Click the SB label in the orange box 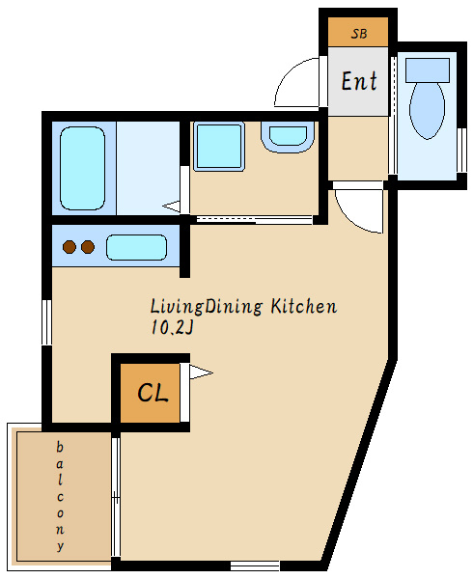[359, 34]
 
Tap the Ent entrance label [359, 81]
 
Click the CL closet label [153, 392]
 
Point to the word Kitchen [304, 307]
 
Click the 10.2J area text [172, 327]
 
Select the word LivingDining [207, 307]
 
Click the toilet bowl [427, 110]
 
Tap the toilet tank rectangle [428, 69]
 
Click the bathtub [82, 168]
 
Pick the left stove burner [70, 247]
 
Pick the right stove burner [88, 247]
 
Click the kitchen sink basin [137, 247]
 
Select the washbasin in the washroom [288, 137]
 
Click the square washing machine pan [219, 147]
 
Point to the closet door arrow [201, 372]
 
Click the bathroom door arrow [171, 207]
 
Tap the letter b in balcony [60, 447]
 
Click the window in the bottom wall [255, 565]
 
